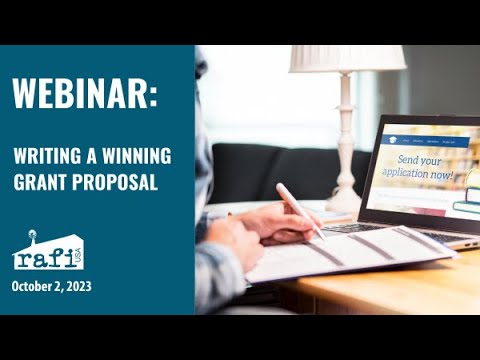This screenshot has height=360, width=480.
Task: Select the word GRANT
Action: click(40, 183)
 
